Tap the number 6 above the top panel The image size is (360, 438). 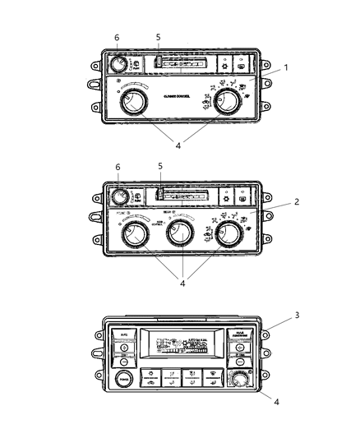(x=117, y=38)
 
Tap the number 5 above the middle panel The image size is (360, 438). (x=160, y=167)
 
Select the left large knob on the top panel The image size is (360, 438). (x=131, y=104)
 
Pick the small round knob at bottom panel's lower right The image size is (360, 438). (x=239, y=380)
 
